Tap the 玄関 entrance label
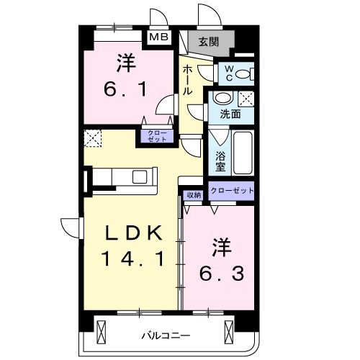pyautogui.click(x=209, y=41)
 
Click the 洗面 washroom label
pyautogui.click(x=230, y=114)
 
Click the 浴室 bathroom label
pyautogui.click(x=220, y=158)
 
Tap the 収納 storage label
pyautogui.click(x=194, y=194)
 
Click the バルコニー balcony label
pyautogui.click(x=165, y=336)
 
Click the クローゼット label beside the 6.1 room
pyautogui.click(x=156, y=136)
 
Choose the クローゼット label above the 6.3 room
pyautogui.click(x=232, y=190)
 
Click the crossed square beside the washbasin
pyautogui.click(x=246, y=99)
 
